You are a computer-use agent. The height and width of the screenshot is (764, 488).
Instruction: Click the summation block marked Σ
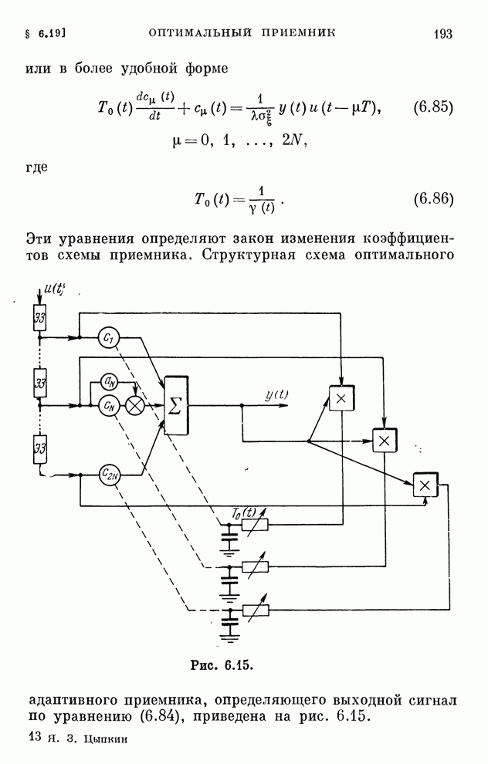pyautogui.click(x=175, y=405)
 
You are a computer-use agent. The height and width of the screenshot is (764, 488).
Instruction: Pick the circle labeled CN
pyautogui.click(x=108, y=404)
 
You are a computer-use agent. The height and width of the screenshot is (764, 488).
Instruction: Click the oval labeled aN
pyautogui.click(x=110, y=381)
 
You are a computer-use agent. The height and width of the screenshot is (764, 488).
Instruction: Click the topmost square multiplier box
pyautogui.click(x=340, y=397)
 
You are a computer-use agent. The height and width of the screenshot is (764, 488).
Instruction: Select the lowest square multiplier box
pyautogui.click(x=424, y=485)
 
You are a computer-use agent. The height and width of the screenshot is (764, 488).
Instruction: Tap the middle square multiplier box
pyautogui.click(x=383, y=440)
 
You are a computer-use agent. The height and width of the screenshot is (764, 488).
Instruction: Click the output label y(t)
pyautogui.click(x=276, y=395)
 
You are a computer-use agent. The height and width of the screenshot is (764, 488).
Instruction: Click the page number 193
pyautogui.click(x=442, y=34)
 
